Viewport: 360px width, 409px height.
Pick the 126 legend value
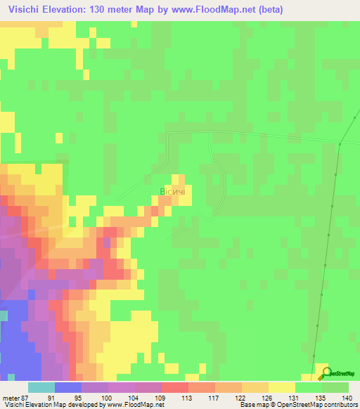coord(269,398)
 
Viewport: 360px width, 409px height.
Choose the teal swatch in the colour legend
coord(41,387)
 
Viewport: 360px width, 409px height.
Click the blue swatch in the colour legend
coord(68,387)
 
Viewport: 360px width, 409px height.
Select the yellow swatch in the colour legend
coord(282,387)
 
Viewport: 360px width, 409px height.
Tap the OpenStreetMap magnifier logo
coord(325,373)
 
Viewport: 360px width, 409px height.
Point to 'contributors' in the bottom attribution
coord(340,405)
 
